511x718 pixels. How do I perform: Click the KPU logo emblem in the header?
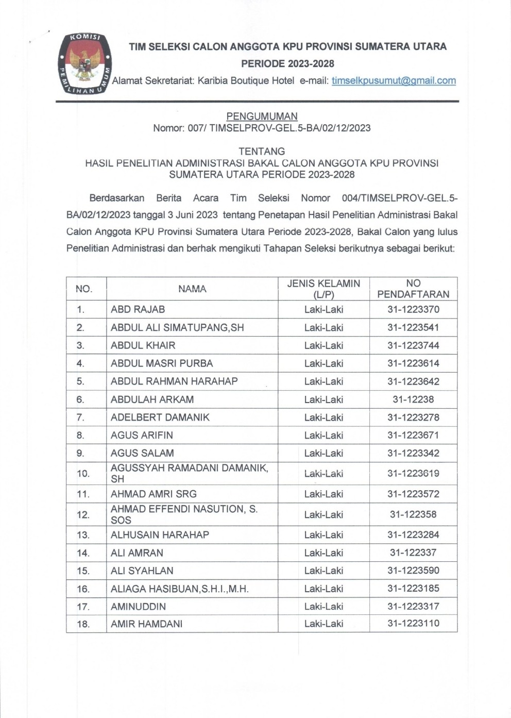click(x=83, y=64)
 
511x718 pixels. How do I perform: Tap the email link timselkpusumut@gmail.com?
click(x=394, y=80)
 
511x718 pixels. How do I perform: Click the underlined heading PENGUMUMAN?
click(x=262, y=116)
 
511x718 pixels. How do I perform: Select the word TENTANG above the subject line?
click(x=262, y=151)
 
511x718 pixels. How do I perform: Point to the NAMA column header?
click(x=192, y=289)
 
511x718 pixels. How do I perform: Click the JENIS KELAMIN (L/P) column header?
click(x=323, y=289)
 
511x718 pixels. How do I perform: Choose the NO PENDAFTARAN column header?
click(x=413, y=289)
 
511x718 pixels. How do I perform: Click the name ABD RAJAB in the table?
click(x=138, y=310)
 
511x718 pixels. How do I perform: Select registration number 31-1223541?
click(x=413, y=328)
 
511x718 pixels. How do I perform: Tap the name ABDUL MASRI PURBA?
click(x=162, y=363)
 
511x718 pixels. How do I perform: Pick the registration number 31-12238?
click(x=413, y=399)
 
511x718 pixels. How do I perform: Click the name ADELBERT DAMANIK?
click(x=160, y=418)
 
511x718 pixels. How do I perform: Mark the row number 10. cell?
click(x=83, y=474)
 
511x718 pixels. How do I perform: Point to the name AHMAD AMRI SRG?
click(x=154, y=494)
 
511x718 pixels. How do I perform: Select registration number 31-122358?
click(x=413, y=514)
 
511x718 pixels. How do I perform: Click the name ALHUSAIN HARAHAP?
click(x=160, y=535)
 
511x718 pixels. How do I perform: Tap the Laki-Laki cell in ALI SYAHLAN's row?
click(x=323, y=571)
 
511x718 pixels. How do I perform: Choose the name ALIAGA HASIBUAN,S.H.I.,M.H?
click(x=180, y=589)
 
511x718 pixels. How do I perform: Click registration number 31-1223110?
click(x=413, y=624)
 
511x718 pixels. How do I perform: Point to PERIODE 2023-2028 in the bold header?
click(x=287, y=64)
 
